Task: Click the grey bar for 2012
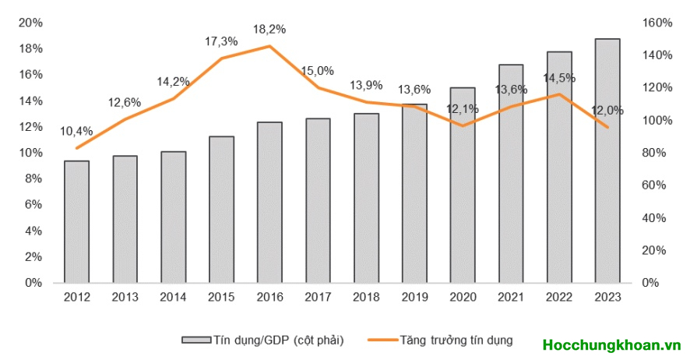click(76, 222)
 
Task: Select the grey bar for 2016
click(269, 203)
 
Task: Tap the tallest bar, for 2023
click(607, 161)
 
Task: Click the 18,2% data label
click(269, 30)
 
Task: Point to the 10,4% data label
click(76, 130)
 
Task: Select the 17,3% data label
click(222, 41)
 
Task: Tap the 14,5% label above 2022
click(559, 78)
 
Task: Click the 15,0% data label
click(318, 71)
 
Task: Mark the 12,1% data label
click(463, 108)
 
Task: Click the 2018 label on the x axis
click(366, 297)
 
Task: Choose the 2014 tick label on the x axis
click(173, 297)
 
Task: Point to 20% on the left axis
click(30, 23)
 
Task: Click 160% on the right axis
click(657, 23)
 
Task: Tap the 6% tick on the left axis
click(33, 205)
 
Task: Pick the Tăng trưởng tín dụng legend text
click(452, 341)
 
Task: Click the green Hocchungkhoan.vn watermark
click(612, 344)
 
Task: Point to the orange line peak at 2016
click(269, 46)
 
